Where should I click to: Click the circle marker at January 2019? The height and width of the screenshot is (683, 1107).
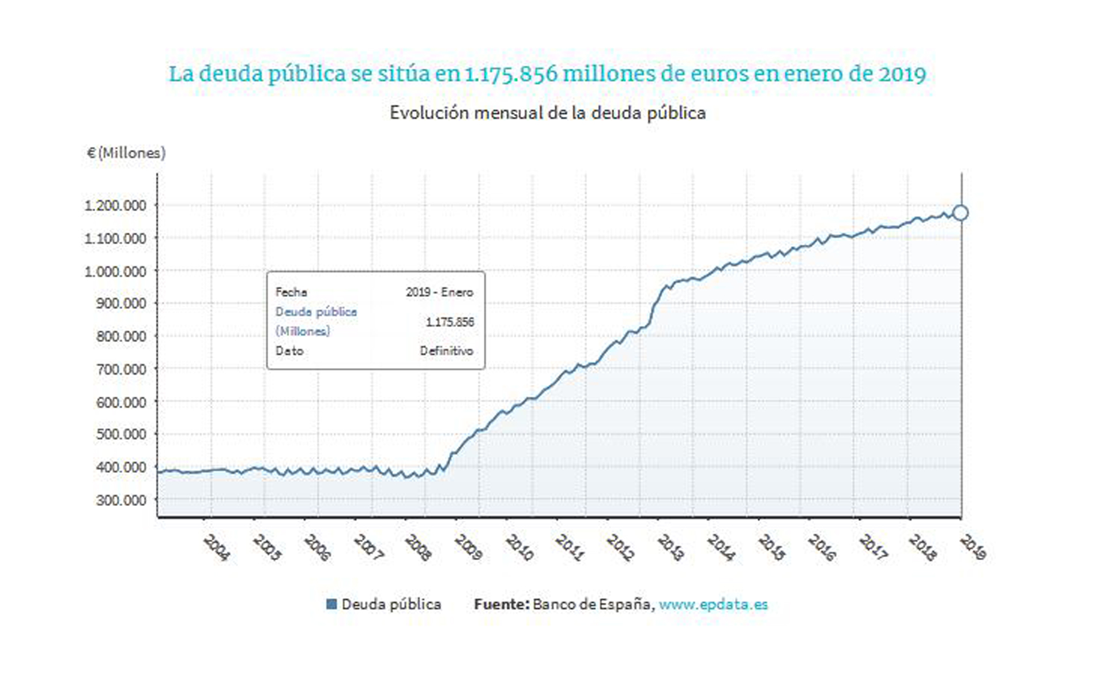click(960, 213)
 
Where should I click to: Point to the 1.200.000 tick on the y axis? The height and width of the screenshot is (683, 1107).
click(115, 205)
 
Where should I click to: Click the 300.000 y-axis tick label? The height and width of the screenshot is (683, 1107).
click(121, 500)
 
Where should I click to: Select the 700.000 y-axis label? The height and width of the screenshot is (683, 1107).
click(121, 369)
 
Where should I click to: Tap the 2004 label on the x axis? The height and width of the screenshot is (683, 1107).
click(217, 547)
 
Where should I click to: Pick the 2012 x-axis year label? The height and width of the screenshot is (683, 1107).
click(620, 547)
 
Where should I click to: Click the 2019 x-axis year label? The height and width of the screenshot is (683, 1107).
click(973, 547)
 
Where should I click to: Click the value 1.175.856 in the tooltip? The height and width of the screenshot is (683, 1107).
click(450, 322)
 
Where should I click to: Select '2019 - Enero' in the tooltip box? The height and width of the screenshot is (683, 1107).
click(439, 292)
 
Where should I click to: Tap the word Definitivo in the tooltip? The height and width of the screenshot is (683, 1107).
click(446, 351)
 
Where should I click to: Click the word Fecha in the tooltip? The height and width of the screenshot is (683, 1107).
click(291, 292)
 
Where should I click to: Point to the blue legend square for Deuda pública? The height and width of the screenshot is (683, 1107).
click(332, 604)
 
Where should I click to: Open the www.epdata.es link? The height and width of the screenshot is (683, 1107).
click(713, 604)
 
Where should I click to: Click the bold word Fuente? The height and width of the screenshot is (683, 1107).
click(501, 604)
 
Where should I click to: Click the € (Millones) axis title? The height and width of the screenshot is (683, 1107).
click(126, 153)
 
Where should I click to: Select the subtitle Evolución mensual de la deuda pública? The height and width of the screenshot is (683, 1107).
click(547, 112)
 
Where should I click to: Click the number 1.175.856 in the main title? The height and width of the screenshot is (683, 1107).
click(511, 74)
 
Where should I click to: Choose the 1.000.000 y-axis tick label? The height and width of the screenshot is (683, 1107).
click(115, 271)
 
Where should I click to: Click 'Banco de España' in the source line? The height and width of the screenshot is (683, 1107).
click(592, 604)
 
